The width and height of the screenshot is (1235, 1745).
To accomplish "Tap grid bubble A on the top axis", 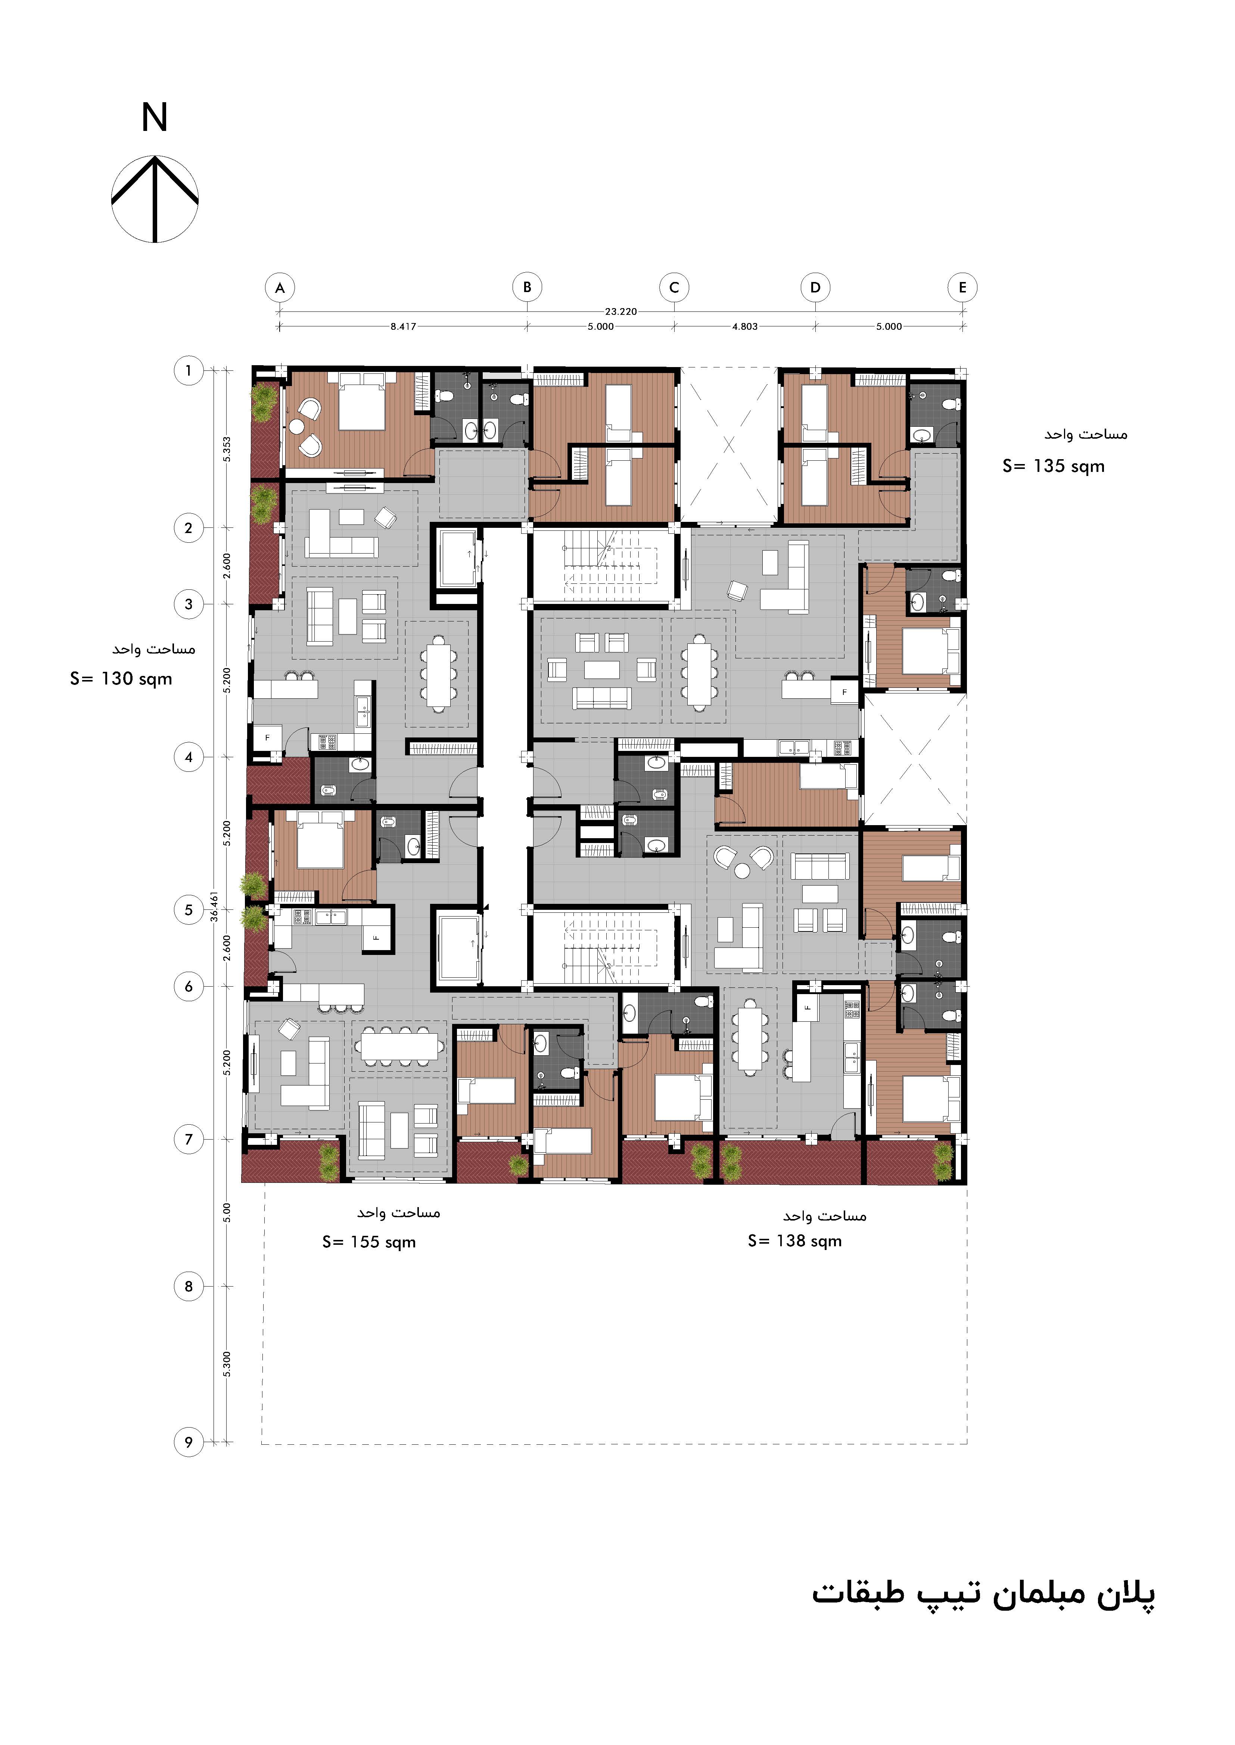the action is tap(280, 288).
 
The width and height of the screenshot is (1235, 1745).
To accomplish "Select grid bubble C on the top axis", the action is tap(674, 288).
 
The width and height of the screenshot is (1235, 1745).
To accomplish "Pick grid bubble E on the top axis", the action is tap(963, 288).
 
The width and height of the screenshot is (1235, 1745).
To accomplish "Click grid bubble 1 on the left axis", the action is tap(189, 371).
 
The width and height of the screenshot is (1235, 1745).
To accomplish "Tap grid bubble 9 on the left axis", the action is tap(189, 1442).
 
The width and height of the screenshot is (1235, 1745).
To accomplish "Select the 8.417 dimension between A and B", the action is tap(403, 327).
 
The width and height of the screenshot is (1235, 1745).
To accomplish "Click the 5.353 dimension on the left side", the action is tap(227, 448).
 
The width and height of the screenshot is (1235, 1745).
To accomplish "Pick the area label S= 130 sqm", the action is tap(121, 679).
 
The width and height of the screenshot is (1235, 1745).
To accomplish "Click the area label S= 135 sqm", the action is tap(1053, 466).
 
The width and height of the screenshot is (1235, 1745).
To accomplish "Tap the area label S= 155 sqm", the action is tap(369, 1242).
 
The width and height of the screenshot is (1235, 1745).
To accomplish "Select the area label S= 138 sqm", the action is tap(795, 1240).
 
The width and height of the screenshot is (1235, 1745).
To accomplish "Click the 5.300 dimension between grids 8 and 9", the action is tap(227, 1364).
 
